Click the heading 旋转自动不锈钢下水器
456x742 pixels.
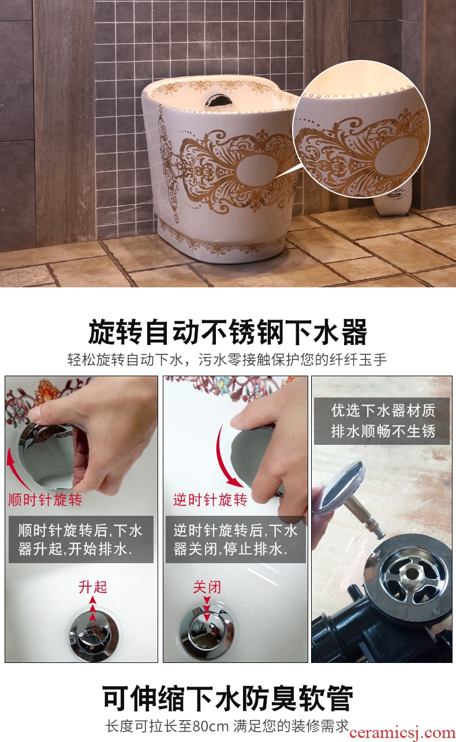point(227,332)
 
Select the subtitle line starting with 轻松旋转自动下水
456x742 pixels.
point(227,359)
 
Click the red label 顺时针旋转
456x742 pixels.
point(46,500)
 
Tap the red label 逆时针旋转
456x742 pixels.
point(210,500)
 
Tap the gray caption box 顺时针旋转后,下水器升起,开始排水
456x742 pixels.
point(81,539)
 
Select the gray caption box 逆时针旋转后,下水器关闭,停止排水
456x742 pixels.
point(236,539)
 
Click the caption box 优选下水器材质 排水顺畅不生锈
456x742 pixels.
point(382,421)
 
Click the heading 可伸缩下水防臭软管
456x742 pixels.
point(227,699)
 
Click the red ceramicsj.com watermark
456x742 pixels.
point(402,733)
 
